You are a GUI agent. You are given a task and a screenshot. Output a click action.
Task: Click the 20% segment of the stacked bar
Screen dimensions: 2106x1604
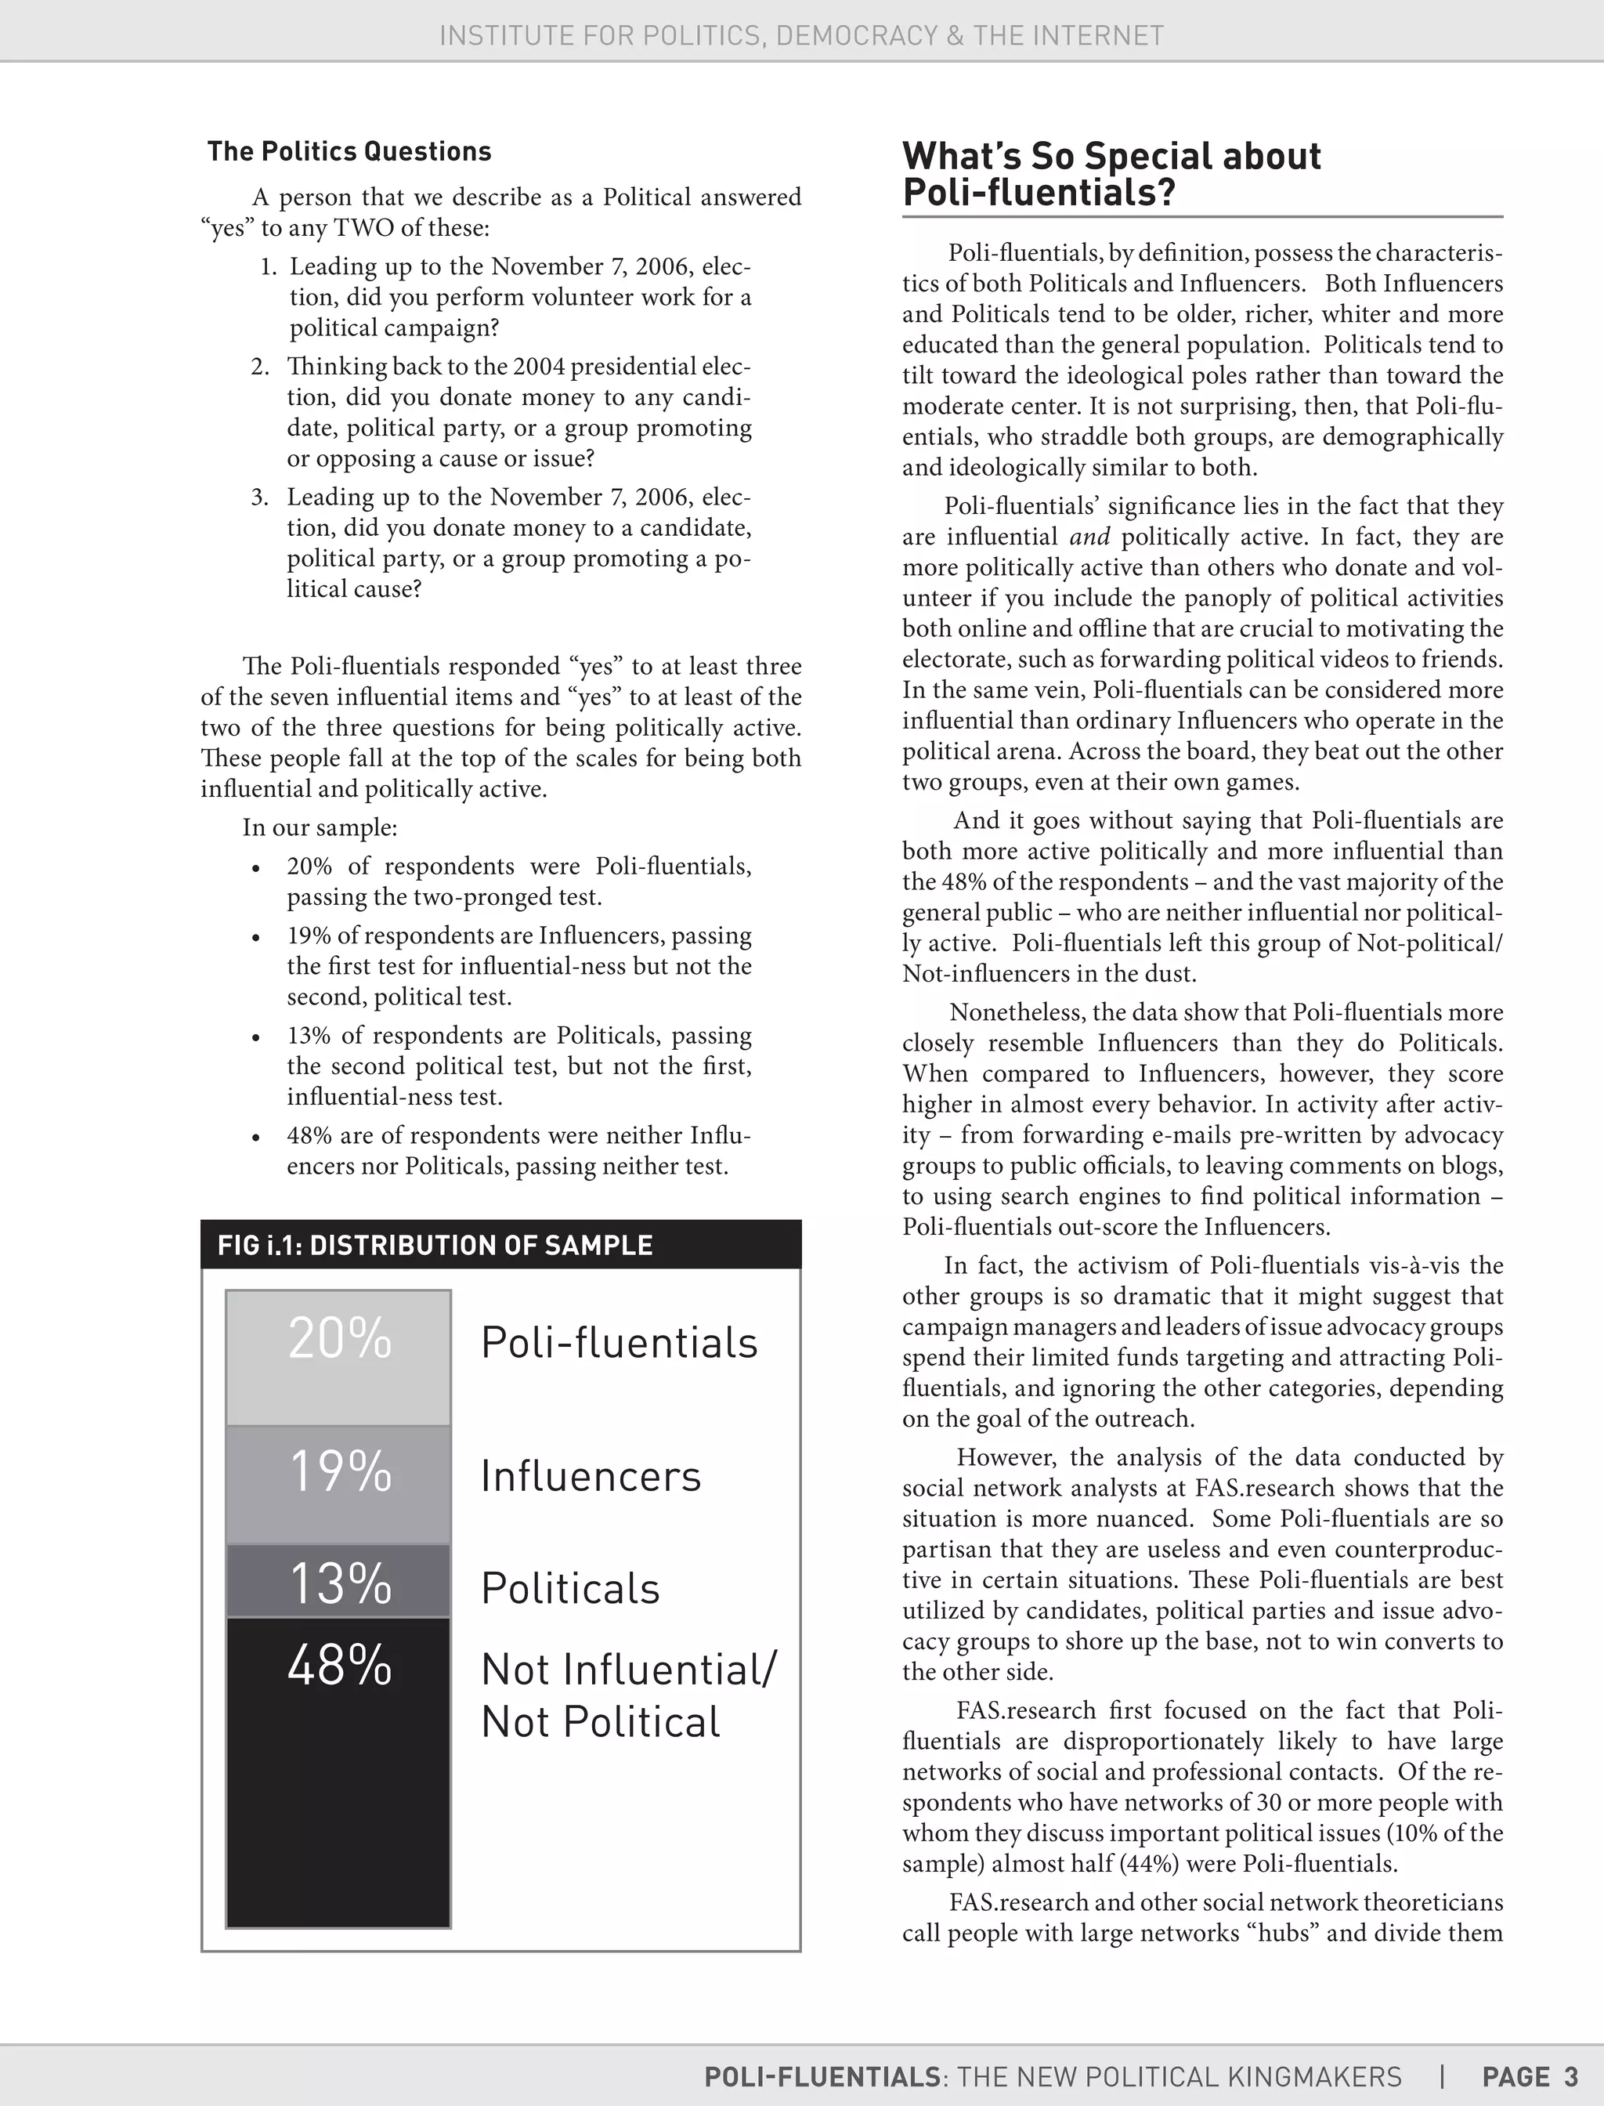pyautogui.click(x=338, y=1357)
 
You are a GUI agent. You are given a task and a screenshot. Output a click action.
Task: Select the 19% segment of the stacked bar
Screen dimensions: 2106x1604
pyautogui.click(x=338, y=1484)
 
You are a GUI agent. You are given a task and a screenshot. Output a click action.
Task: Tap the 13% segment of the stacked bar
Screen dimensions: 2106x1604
pyautogui.click(x=338, y=1581)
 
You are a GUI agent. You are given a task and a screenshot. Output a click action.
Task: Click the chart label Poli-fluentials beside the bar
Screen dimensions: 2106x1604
pyautogui.click(x=619, y=1343)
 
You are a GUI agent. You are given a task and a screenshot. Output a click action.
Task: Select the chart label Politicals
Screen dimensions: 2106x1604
pyautogui.click(x=570, y=1589)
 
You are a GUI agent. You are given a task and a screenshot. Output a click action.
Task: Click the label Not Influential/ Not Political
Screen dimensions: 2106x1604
pyautogui.click(x=628, y=1696)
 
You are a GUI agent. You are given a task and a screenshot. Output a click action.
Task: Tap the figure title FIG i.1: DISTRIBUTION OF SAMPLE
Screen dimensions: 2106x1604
pyautogui.click(x=435, y=1246)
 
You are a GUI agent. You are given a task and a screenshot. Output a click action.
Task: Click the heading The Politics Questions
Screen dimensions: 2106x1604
pyautogui.click(x=349, y=151)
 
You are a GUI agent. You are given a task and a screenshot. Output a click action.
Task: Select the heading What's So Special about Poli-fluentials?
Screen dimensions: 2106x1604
pyautogui.click(x=1111, y=174)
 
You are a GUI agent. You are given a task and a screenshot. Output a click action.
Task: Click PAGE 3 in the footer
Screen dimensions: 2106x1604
pyautogui.click(x=1530, y=2076)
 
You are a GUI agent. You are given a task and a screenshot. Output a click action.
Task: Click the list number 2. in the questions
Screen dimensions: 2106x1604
pyautogui.click(x=260, y=367)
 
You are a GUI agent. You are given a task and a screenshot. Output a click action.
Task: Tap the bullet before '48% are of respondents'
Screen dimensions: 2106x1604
pyautogui.click(x=256, y=1138)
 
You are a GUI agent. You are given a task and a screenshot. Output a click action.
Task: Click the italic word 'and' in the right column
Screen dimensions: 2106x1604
pyautogui.click(x=1089, y=537)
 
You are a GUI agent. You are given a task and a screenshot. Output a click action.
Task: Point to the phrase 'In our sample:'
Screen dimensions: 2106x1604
pyautogui.click(x=320, y=827)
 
